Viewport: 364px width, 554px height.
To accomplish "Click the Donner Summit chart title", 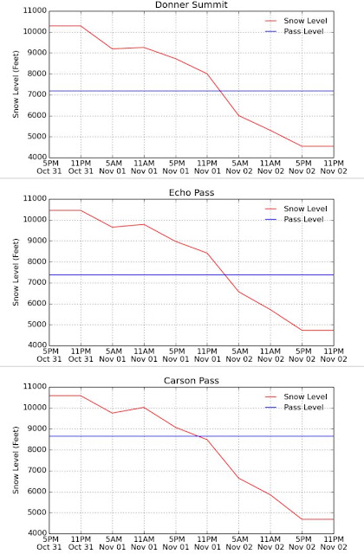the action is click(192, 4).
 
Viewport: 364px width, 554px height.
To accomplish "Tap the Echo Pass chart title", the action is click(192, 192).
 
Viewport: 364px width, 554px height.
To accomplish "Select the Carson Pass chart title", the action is click(192, 381).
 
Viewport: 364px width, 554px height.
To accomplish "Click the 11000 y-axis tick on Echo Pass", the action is click(35, 199).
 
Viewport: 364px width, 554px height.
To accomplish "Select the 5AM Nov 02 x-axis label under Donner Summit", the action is click(239, 167).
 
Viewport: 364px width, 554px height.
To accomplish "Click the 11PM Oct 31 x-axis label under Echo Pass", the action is click(81, 355).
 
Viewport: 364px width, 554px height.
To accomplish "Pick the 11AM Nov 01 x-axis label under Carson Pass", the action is click(144, 543).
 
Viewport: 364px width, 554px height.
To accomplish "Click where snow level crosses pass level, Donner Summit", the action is click(220, 91).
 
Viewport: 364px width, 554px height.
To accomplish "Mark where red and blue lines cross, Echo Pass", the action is click(224, 275).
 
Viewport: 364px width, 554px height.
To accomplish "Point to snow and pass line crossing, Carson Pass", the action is click(200, 436).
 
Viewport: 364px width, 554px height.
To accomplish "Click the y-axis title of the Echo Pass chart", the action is click(16, 272).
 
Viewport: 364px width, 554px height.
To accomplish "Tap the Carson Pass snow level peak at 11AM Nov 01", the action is click(144, 408).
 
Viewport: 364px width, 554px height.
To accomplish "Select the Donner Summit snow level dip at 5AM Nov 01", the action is click(113, 48).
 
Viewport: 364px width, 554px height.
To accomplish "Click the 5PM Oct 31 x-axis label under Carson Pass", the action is click(49, 543).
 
